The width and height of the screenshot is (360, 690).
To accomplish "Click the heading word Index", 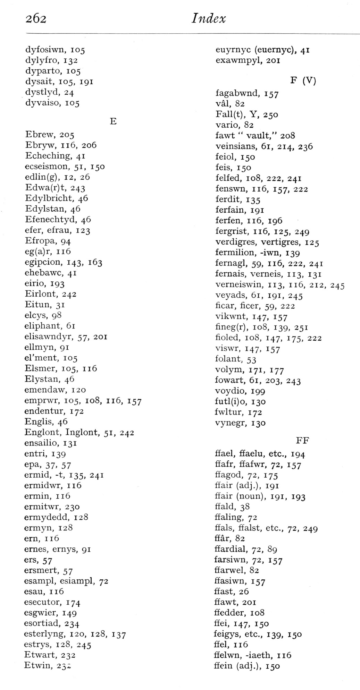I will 209,18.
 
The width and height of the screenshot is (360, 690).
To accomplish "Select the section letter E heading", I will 113,121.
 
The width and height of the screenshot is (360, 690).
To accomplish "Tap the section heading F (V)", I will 303,80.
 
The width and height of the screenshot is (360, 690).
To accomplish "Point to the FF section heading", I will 302,441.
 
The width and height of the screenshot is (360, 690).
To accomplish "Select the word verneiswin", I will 239,286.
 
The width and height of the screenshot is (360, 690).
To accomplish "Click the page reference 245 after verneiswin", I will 337,286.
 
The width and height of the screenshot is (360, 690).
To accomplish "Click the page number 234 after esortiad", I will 72,624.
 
